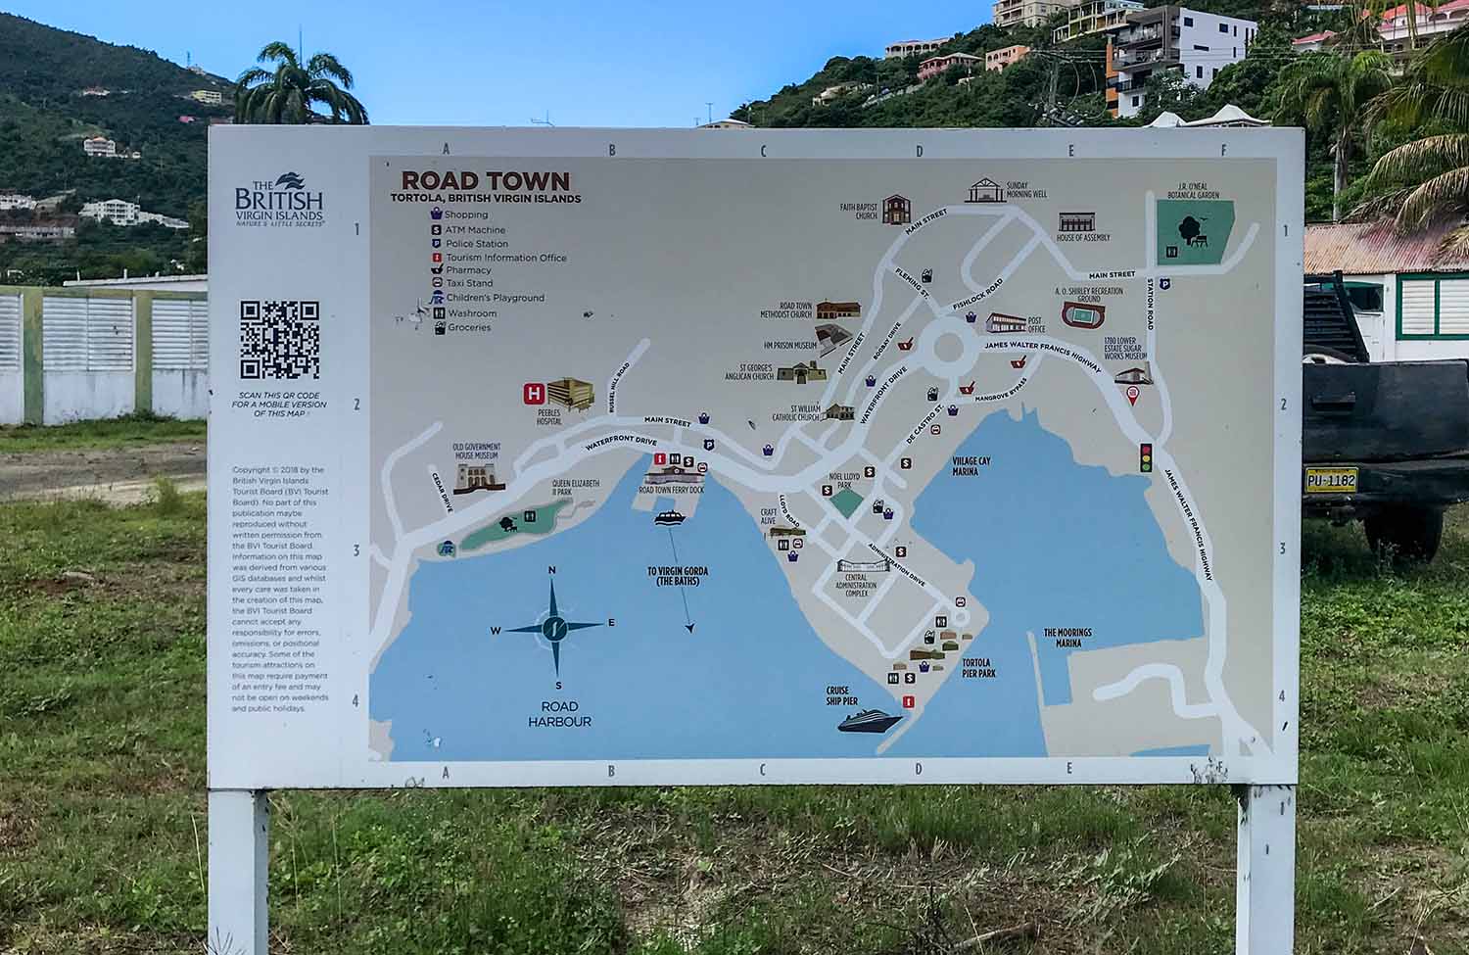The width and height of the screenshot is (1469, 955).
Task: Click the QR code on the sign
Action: (280, 340)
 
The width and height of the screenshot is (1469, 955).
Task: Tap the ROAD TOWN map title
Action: (485, 180)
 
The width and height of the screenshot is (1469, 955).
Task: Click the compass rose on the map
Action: (554, 626)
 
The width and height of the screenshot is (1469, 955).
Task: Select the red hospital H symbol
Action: (535, 395)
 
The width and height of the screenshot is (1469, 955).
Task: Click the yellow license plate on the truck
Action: (1331, 480)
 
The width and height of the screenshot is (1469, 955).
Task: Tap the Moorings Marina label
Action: (1067, 638)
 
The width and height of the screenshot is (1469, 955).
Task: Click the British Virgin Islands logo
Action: (278, 201)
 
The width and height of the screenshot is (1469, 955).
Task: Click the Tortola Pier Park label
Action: (978, 668)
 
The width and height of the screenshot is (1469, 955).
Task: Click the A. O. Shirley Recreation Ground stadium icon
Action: (1081, 317)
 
